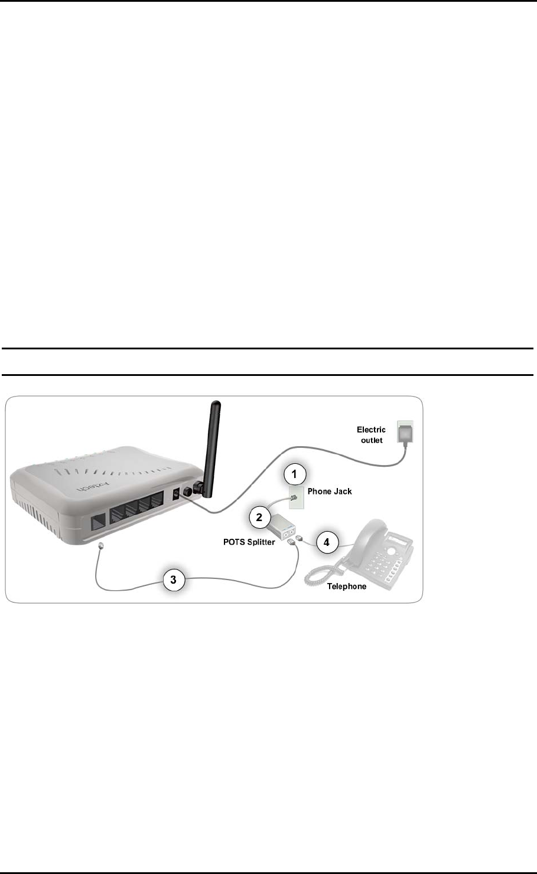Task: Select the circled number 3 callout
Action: click(173, 580)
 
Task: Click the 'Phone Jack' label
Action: click(330, 491)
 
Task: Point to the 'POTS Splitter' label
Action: click(249, 542)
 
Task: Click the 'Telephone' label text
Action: click(347, 586)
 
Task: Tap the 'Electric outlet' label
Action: click(372, 435)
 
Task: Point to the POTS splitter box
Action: click(281, 526)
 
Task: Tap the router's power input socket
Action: click(175, 496)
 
